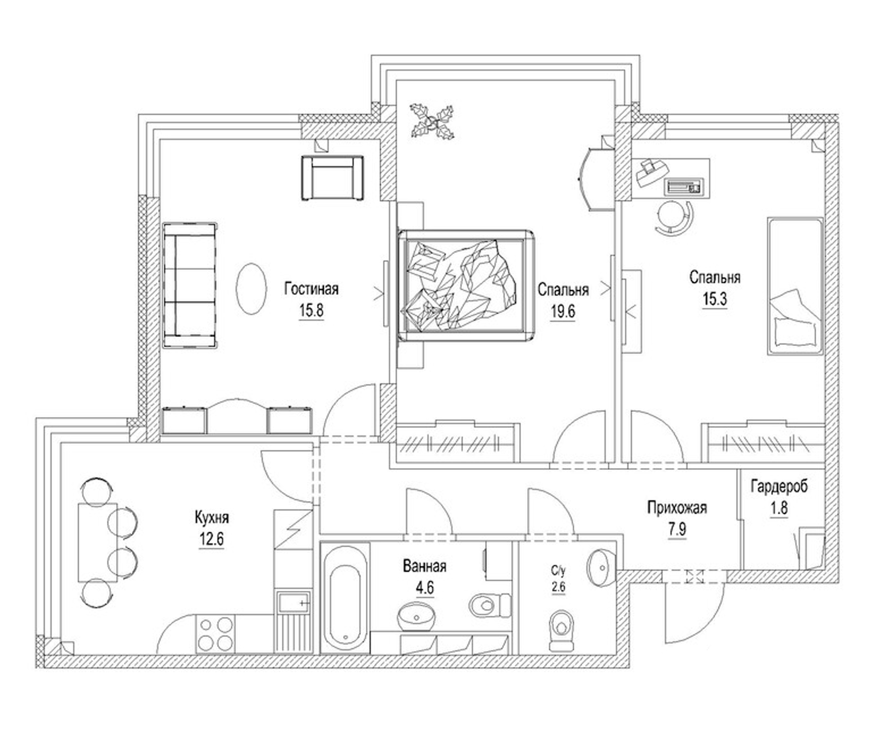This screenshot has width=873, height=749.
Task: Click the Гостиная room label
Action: coord(311,289)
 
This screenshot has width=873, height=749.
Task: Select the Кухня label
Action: coord(212,517)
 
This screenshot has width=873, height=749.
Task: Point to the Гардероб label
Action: coord(779,487)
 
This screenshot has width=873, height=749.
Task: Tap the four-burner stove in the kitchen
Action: coord(215,633)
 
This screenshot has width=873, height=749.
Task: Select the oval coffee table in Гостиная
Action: coord(251,288)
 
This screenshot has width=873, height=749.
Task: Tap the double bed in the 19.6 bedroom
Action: coord(466,285)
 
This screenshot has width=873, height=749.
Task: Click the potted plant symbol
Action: coord(433,122)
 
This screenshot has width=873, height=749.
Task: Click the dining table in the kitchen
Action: coord(97,542)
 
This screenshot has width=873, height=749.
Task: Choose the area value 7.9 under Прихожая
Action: coord(677,530)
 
